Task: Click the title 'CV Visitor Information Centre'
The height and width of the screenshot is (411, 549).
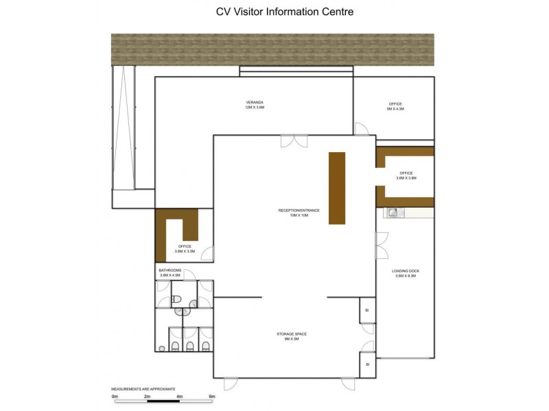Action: pyautogui.click(x=274, y=12)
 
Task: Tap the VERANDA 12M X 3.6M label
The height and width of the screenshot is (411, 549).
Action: pyautogui.click(x=255, y=105)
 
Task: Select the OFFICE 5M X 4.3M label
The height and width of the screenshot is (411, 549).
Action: pyautogui.click(x=395, y=106)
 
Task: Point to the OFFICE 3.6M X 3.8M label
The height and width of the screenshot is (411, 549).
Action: pyautogui.click(x=406, y=175)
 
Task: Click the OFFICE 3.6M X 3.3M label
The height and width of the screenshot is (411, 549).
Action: pyautogui.click(x=185, y=249)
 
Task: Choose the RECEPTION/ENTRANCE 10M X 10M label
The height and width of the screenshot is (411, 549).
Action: pyautogui.click(x=299, y=212)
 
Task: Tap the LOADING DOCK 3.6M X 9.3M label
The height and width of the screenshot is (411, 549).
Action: pyautogui.click(x=406, y=273)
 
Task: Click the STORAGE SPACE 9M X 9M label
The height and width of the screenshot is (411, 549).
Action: pyautogui.click(x=292, y=336)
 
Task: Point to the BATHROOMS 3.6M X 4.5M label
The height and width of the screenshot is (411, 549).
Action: pyautogui.click(x=170, y=273)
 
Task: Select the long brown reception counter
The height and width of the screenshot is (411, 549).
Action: pyautogui.click(x=336, y=188)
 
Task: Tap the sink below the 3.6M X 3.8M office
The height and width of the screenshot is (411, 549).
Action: pyautogui.click(x=393, y=212)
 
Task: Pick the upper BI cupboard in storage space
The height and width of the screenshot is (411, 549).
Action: pyautogui.click(x=367, y=310)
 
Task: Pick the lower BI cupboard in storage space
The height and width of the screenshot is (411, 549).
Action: pyautogui.click(x=367, y=364)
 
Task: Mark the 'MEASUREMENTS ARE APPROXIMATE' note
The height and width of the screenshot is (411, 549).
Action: pyautogui.click(x=144, y=388)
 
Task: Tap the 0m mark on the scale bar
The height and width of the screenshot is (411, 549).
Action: pyautogui.click(x=115, y=397)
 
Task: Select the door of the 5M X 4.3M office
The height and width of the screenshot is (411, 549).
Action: pyautogui.click(x=360, y=128)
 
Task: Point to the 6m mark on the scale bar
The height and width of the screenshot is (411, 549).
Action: pyautogui.click(x=212, y=397)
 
